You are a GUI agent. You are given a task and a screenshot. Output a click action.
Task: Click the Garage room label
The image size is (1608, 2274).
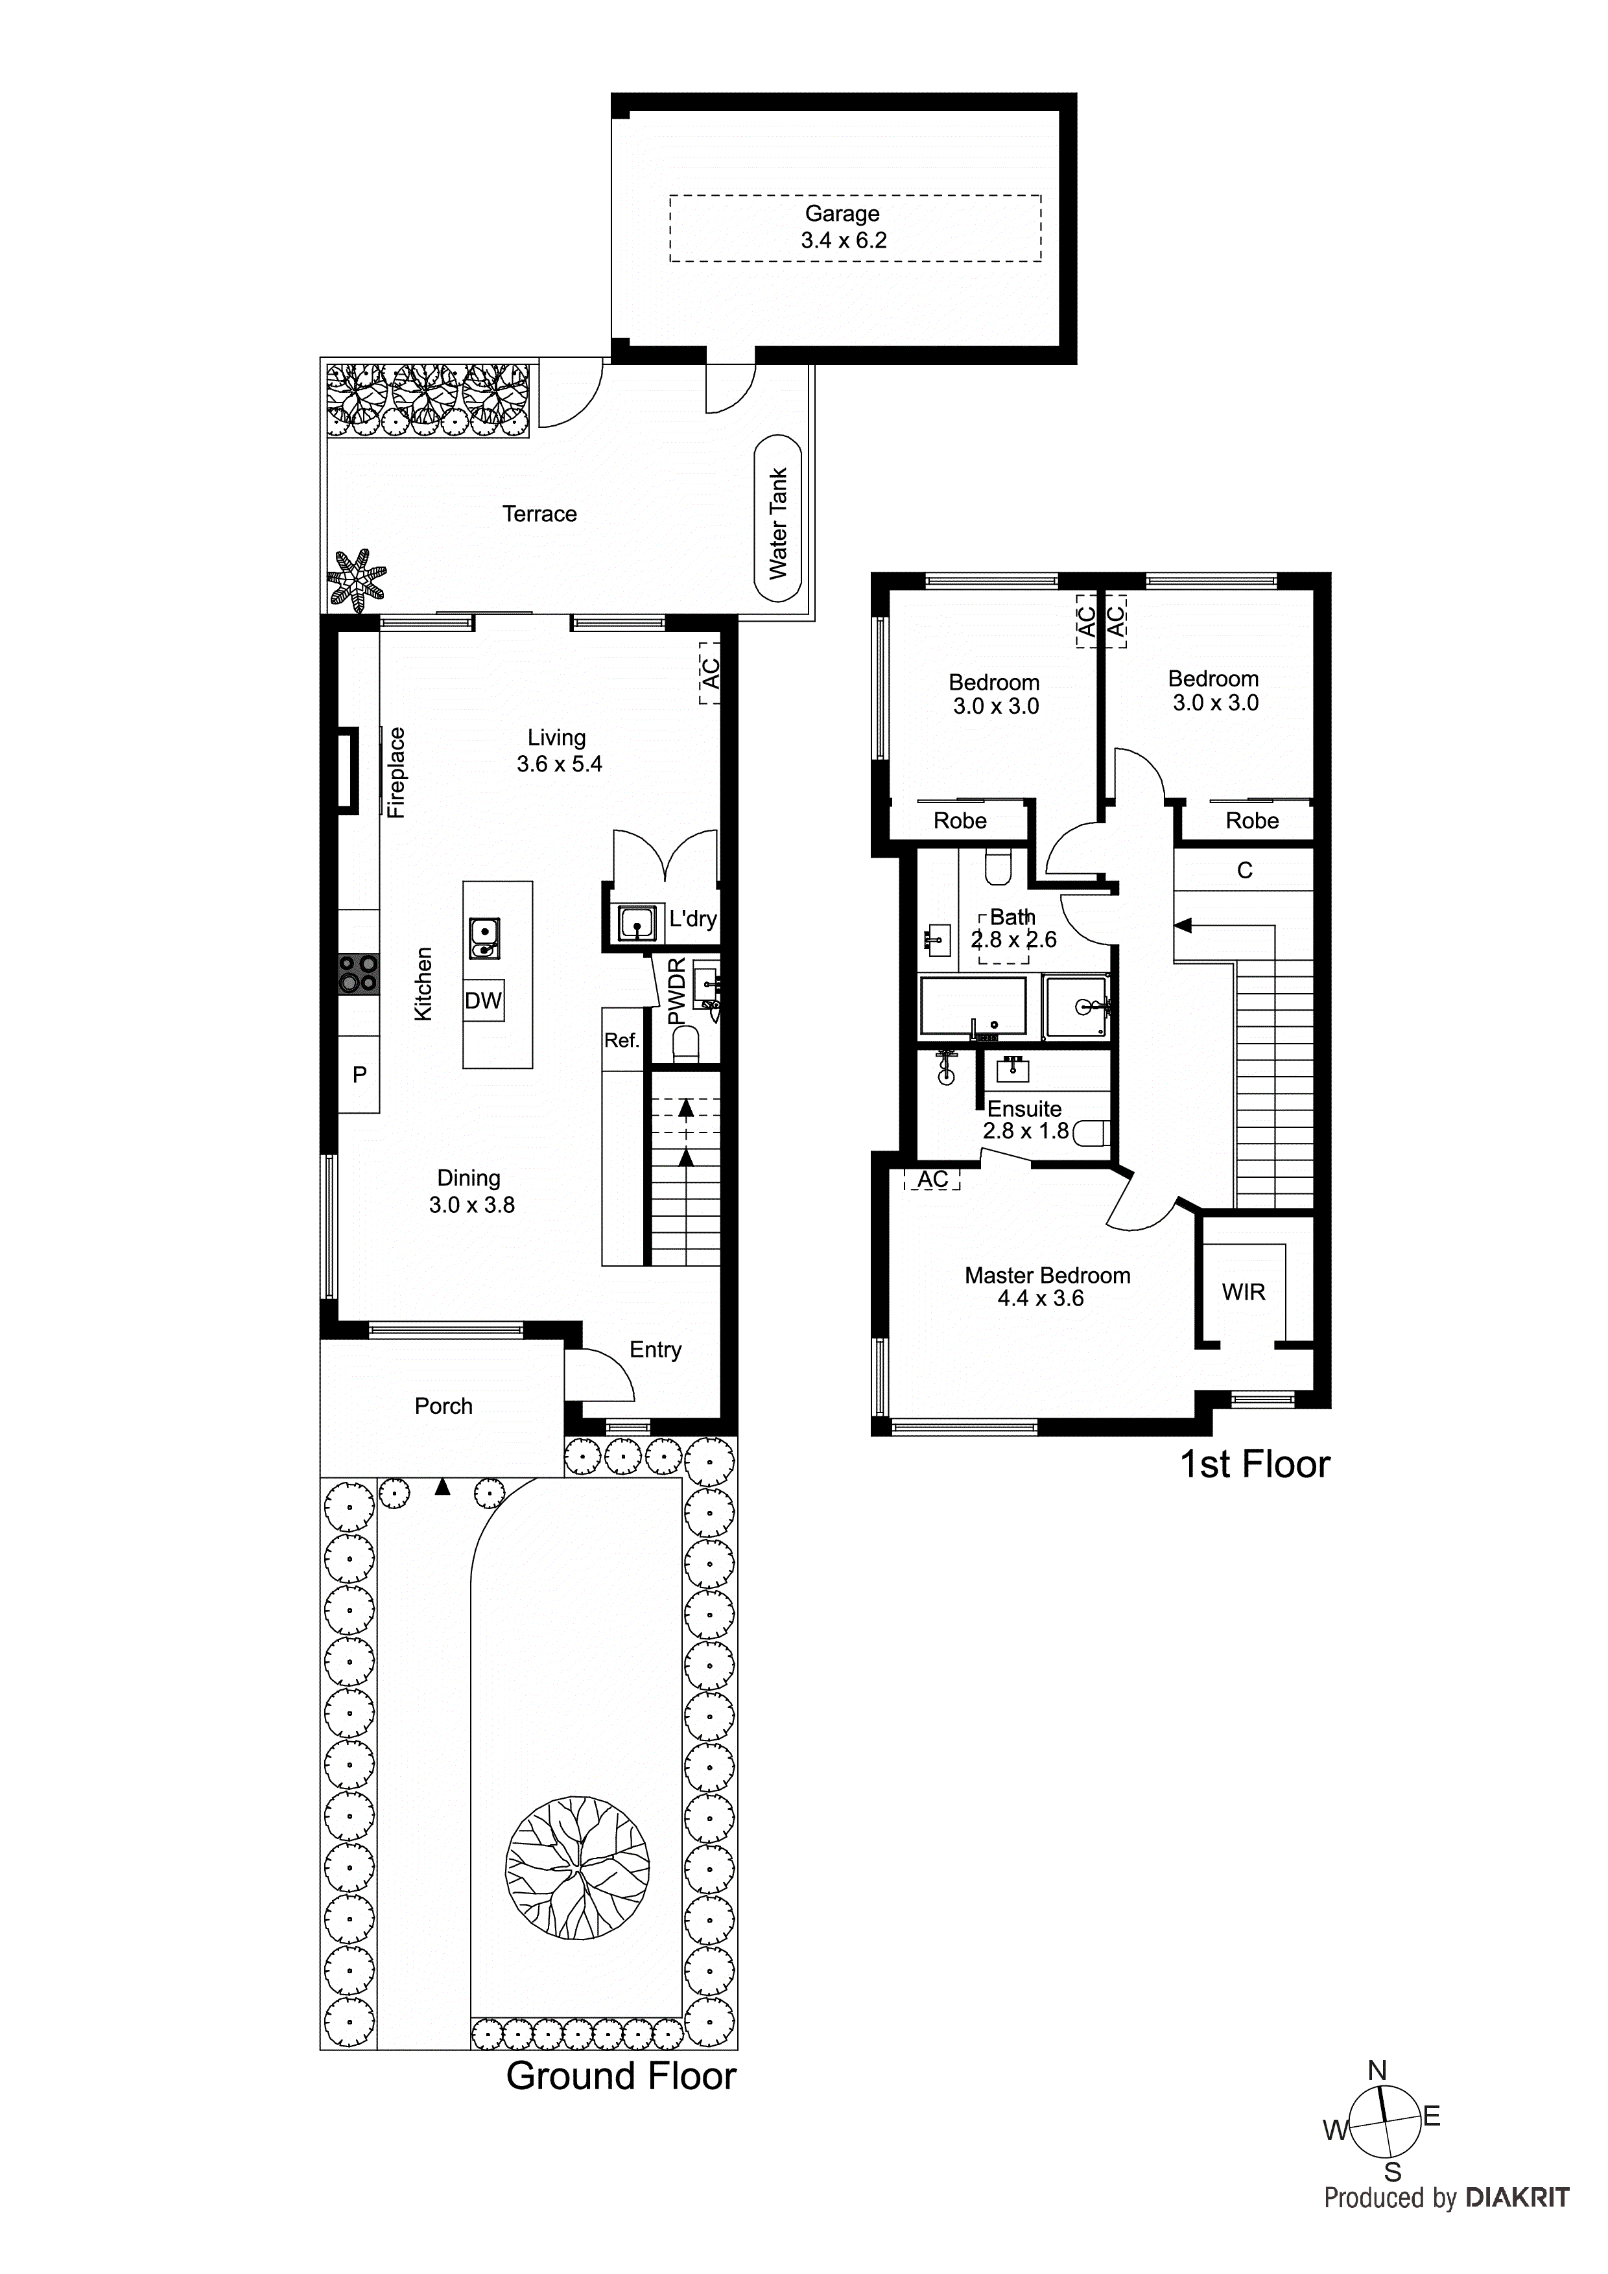point(842,214)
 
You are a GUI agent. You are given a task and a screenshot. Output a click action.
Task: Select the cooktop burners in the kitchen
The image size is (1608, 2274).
point(359,972)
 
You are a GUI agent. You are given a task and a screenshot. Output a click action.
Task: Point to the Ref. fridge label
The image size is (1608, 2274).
point(621,1040)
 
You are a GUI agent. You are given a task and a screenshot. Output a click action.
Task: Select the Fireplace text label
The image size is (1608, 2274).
point(396,773)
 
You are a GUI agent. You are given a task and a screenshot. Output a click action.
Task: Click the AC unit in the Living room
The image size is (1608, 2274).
point(709,674)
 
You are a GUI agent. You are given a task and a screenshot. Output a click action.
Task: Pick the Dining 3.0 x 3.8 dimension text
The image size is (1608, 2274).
point(471,1204)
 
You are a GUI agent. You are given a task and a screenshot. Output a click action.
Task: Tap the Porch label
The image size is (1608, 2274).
point(443,1405)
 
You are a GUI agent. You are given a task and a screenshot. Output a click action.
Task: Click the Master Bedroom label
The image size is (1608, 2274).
point(1047,1276)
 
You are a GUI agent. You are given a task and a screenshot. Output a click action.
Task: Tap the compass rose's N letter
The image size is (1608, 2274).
point(1377,2071)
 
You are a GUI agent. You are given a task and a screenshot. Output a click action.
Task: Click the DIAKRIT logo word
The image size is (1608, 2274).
point(1517,2198)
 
